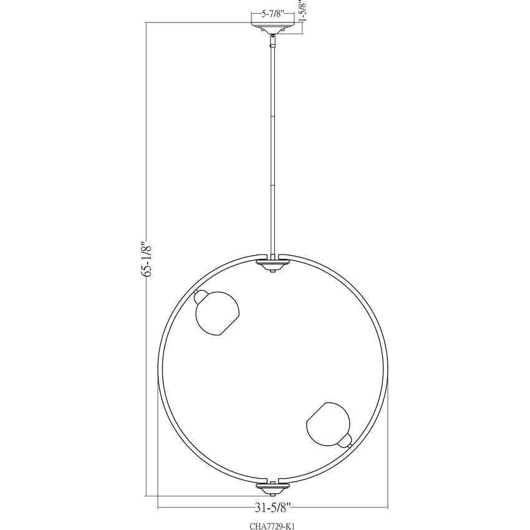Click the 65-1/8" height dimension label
coord(147,259)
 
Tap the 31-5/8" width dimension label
coord(272,506)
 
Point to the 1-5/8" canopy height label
coord(303,11)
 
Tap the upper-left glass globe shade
coord(218,313)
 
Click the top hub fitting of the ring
coord(272,265)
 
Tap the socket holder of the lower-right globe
coord(345,441)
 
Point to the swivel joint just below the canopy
coord(272,40)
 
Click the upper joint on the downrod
coord(272,115)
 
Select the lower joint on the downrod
coord(272,185)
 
